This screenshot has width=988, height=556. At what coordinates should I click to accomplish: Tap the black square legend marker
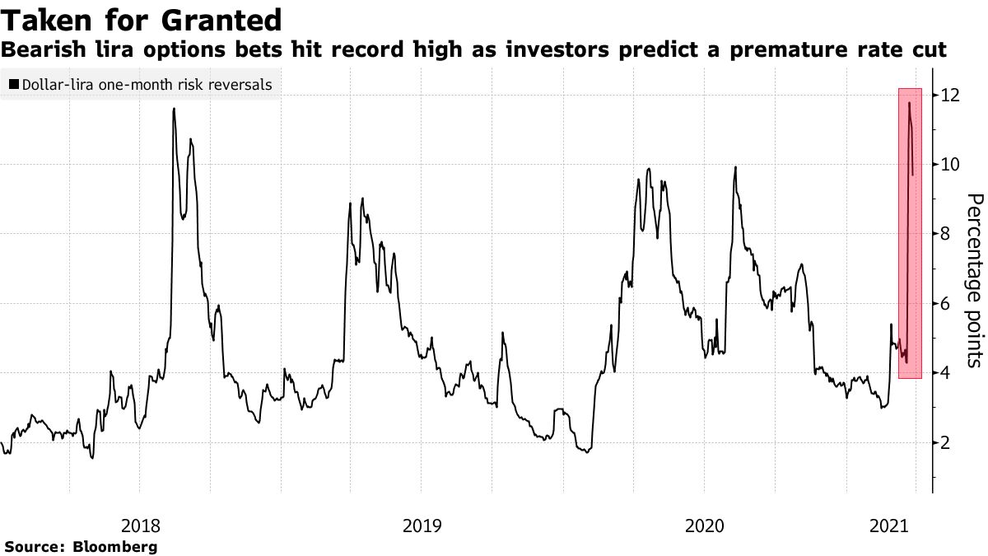(x=13, y=84)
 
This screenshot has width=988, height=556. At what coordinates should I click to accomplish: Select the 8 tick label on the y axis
(x=947, y=235)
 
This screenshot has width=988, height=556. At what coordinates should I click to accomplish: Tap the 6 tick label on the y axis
(x=947, y=304)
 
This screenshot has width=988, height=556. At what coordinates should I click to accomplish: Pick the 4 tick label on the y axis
(x=947, y=373)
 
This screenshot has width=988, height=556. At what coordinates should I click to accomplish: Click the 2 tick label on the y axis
(x=947, y=443)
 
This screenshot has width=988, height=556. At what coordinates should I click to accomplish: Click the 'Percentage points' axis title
(x=974, y=280)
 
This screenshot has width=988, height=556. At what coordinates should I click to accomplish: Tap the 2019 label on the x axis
(x=422, y=525)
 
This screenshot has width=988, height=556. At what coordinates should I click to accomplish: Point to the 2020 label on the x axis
(x=704, y=525)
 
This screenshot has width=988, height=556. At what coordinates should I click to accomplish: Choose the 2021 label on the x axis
(x=890, y=525)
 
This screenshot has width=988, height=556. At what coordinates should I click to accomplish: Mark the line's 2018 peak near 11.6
(x=174, y=109)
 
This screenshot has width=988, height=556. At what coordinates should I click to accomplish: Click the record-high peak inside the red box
(x=909, y=103)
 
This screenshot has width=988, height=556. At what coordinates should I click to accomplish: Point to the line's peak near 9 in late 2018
(x=363, y=199)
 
